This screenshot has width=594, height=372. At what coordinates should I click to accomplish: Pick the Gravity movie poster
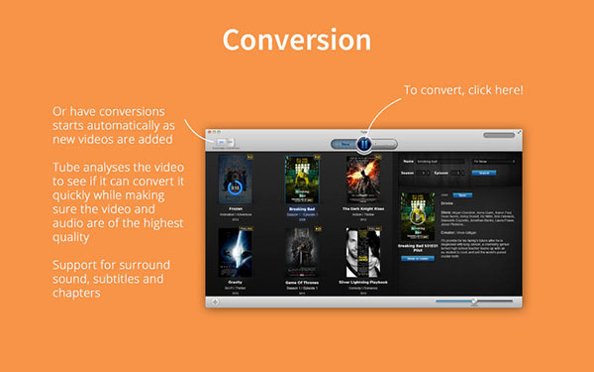pos(235,253)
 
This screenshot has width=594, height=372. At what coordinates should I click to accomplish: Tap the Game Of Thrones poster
pos(299,253)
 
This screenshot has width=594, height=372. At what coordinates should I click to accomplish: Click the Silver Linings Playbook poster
pos(363,253)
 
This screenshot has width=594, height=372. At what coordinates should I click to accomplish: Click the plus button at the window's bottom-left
pos(215,301)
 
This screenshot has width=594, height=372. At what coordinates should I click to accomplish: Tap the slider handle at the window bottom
pos(474,301)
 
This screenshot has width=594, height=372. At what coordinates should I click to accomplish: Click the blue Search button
pos(484,173)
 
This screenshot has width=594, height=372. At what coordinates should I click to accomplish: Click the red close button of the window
pos(210,131)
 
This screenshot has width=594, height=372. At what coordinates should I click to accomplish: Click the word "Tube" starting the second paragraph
pos(68,169)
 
